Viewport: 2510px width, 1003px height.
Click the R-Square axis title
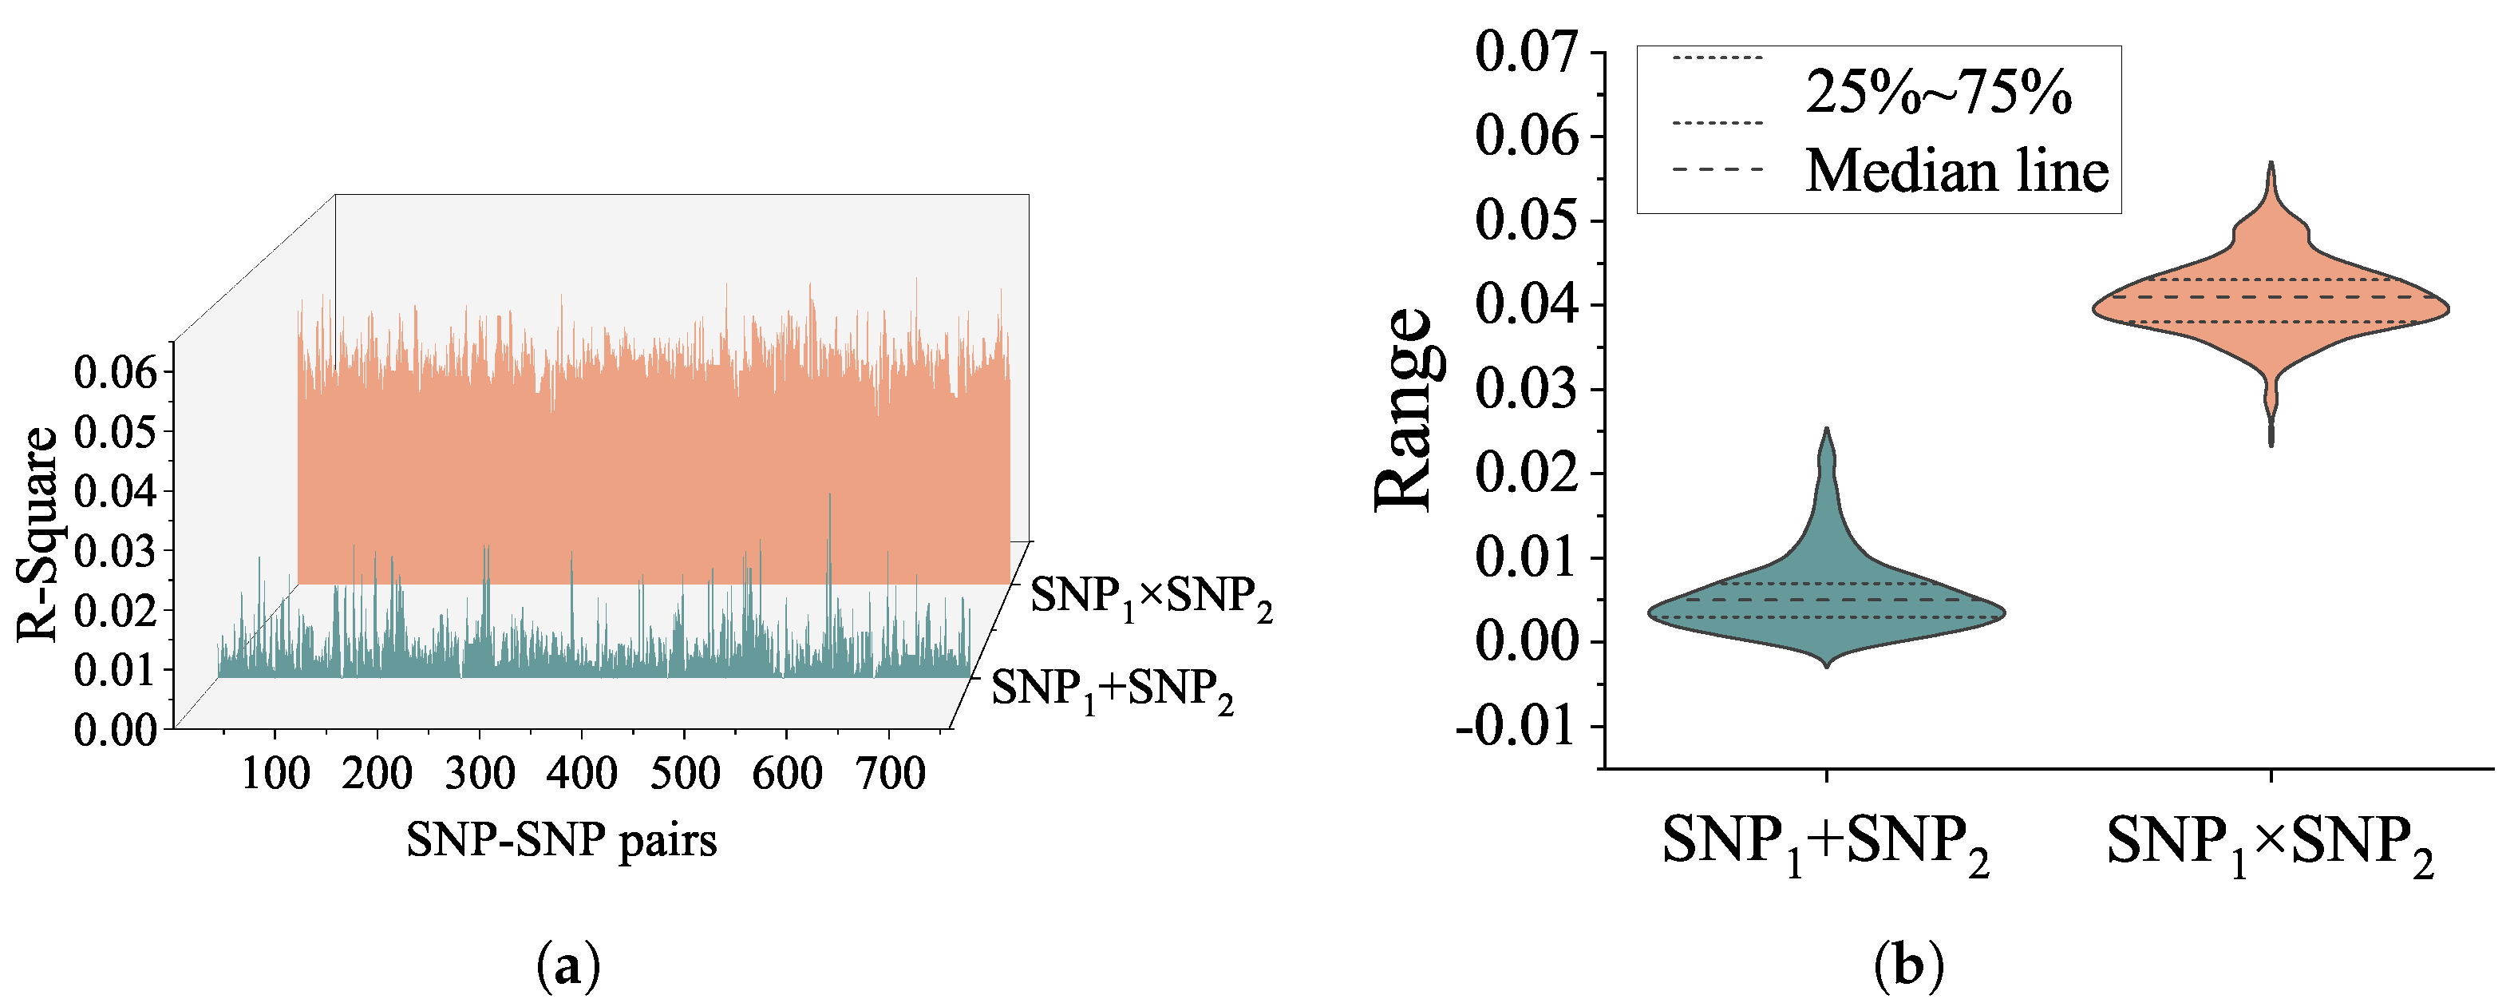pyautogui.click(x=39, y=534)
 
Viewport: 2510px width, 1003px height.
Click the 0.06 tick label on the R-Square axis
pyautogui.click(x=115, y=371)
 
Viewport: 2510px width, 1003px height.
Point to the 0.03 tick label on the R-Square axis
pyautogui.click(x=115, y=552)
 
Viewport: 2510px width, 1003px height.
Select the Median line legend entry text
pyautogui.click(x=1957, y=172)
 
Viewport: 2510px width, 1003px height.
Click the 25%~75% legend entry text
pyautogui.click(x=1938, y=93)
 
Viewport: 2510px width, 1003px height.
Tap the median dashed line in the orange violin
pyautogui.click(x=2271, y=297)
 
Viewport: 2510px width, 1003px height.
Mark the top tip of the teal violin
pyautogui.click(x=1826, y=430)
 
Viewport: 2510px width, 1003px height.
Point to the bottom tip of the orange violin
pyautogui.click(x=2271, y=445)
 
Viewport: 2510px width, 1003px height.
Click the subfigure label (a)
pyautogui.click(x=568, y=967)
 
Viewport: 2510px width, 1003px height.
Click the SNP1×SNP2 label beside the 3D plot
pyautogui.click(x=1151, y=597)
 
